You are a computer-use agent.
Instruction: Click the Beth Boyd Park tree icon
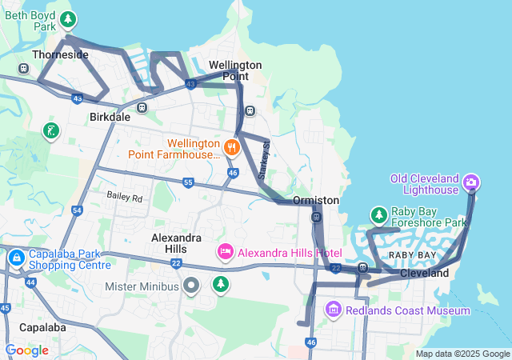coord(70,18)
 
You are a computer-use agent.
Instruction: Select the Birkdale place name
coord(109,117)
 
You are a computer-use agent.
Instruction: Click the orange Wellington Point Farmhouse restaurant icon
coord(231,146)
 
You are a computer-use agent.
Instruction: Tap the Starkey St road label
coord(266,159)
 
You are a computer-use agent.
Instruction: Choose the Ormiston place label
coord(316,200)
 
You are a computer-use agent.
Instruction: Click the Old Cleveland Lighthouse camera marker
coord(471,183)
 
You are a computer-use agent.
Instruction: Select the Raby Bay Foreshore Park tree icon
coord(378,215)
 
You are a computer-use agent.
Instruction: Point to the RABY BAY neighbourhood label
coord(413,255)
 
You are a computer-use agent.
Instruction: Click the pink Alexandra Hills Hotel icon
coord(226,253)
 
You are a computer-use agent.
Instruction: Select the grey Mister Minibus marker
coord(191,286)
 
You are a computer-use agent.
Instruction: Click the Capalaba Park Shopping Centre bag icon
coord(17,258)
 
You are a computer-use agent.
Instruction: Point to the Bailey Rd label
coord(125,197)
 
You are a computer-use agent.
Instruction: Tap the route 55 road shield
coord(188,182)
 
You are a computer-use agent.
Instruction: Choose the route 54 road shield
coord(77,210)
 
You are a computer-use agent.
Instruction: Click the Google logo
coord(26,350)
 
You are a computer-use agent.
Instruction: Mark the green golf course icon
coord(51,130)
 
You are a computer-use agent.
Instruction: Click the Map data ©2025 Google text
coord(462,354)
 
